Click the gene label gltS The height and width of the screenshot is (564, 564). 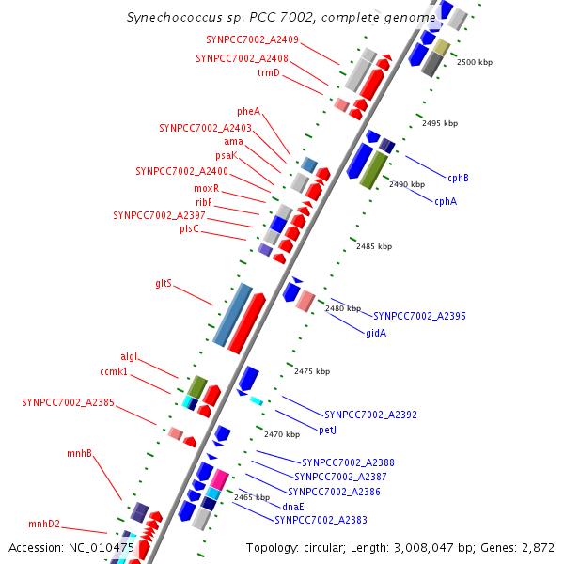click(x=164, y=283)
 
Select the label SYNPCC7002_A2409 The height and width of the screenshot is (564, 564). click(x=253, y=39)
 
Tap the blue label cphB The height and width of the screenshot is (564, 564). click(x=458, y=178)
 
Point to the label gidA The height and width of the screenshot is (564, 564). click(x=376, y=333)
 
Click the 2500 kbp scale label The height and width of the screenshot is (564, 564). click(x=474, y=62)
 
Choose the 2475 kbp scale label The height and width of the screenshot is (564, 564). click(x=312, y=371)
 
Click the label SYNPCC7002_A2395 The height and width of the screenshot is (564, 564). click(x=419, y=316)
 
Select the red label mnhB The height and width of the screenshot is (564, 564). click(x=79, y=454)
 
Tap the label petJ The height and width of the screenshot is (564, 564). click(x=328, y=430)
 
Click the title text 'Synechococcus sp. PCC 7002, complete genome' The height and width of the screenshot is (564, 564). click(x=281, y=18)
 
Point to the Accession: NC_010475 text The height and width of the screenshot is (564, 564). click(x=71, y=547)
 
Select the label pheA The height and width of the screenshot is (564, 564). click(x=249, y=111)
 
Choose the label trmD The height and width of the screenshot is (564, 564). click(x=269, y=72)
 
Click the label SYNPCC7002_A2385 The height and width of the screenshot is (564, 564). click(x=69, y=402)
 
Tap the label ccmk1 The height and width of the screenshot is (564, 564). click(x=114, y=373)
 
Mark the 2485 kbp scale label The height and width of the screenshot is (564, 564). click(x=374, y=245)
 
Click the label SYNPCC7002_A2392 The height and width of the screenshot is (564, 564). click(x=370, y=415)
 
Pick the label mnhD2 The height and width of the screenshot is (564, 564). click(x=44, y=524)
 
